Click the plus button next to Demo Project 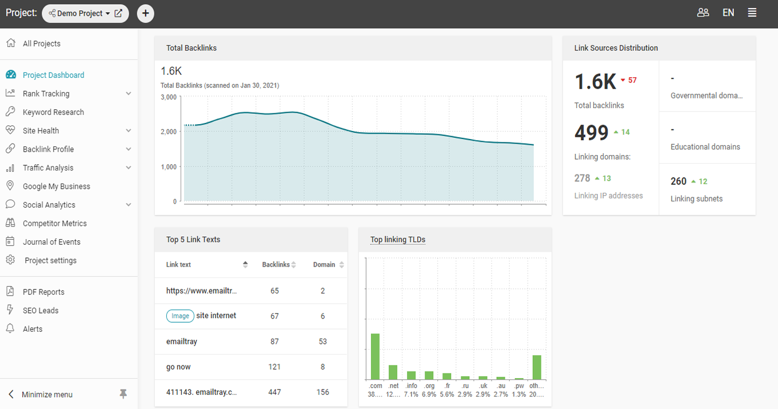(x=146, y=14)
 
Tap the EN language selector (x=728, y=13)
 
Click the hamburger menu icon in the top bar (x=752, y=13)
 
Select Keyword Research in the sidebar (x=54, y=112)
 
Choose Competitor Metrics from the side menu (x=55, y=224)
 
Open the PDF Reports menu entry (x=44, y=292)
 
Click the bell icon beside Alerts (x=10, y=328)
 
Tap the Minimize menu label (x=47, y=394)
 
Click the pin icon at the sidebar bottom (x=123, y=394)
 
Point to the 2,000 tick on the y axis (x=169, y=132)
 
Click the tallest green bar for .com (x=375, y=356)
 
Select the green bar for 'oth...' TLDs (x=537, y=367)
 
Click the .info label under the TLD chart (x=411, y=386)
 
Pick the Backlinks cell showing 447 (x=274, y=392)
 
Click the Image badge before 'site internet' (x=180, y=316)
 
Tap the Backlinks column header (x=276, y=264)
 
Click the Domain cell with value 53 (x=322, y=342)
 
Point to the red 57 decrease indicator (x=629, y=80)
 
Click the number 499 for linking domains (x=591, y=132)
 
